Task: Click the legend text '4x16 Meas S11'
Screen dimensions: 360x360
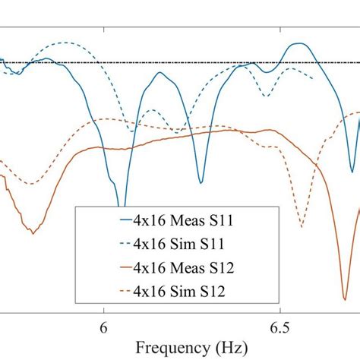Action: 183,221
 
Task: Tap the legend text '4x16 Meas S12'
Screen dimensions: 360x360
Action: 183,267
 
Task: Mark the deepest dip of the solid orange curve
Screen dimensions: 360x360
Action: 345,279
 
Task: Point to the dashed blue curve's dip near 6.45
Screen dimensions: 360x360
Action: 264,96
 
